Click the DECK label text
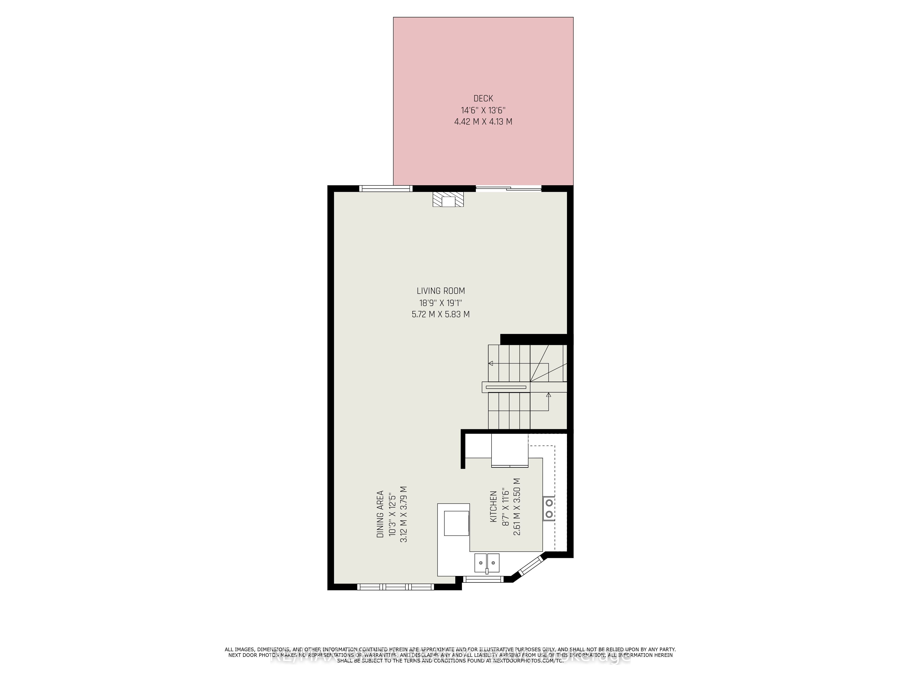point(483,98)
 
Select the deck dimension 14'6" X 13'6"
point(483,110)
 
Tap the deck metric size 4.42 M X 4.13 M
point(483,121)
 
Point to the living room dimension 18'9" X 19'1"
point(441,303)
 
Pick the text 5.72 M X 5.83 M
point(441,314)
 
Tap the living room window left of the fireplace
point(386,188)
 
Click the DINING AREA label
point(380,514)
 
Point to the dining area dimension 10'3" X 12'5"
point(392,514)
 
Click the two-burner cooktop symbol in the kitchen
point(549,509)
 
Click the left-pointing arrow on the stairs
point(491,363)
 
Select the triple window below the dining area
point(396,587)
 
